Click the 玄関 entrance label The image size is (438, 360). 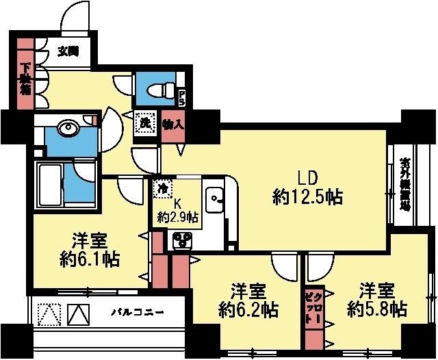pos(67,51)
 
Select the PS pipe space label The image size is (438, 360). pos(181,98)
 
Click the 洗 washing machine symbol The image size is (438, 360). pos(144,124)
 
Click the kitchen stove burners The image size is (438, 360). pos(182,239)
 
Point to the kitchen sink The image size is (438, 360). pos(214,198)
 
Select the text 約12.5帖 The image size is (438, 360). pos(307,198)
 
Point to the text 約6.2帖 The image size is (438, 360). pos(248,309)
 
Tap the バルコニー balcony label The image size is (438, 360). pos(138,313)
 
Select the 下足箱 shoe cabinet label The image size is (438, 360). pos(25,79)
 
